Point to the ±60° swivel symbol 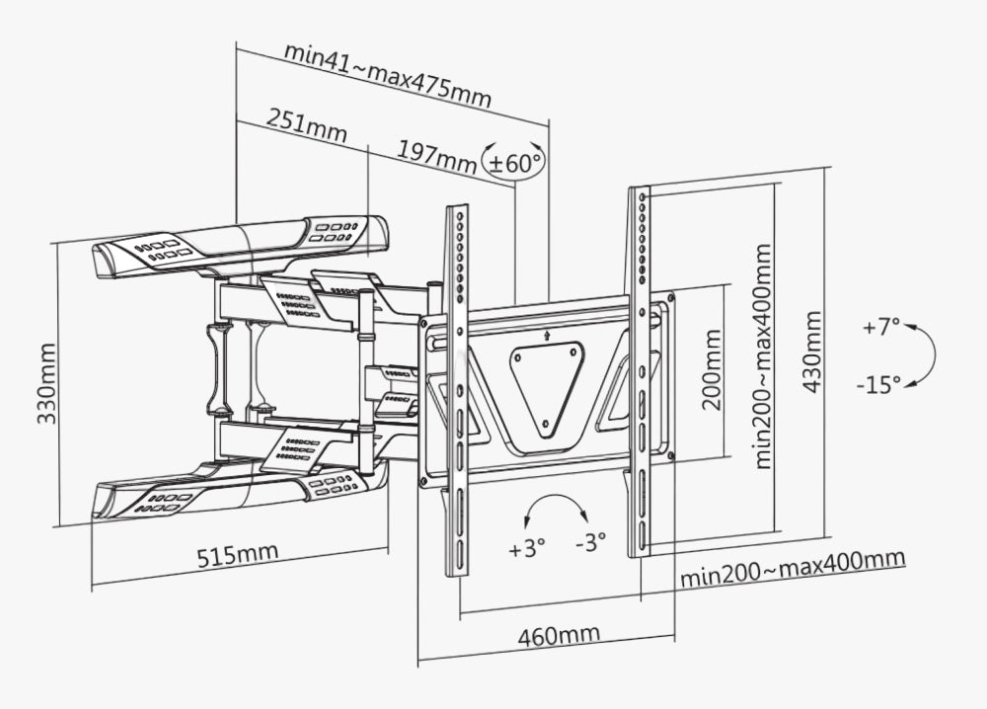pos(514,160)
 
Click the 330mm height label pos(45,383)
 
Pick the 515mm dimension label pos(237,555)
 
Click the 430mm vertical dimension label pos(812,352)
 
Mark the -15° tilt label pos(878,384)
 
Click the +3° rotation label pos(527,549)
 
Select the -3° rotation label pos(589,542)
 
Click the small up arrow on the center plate pos(547,335)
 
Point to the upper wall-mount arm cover pos(241,245)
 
